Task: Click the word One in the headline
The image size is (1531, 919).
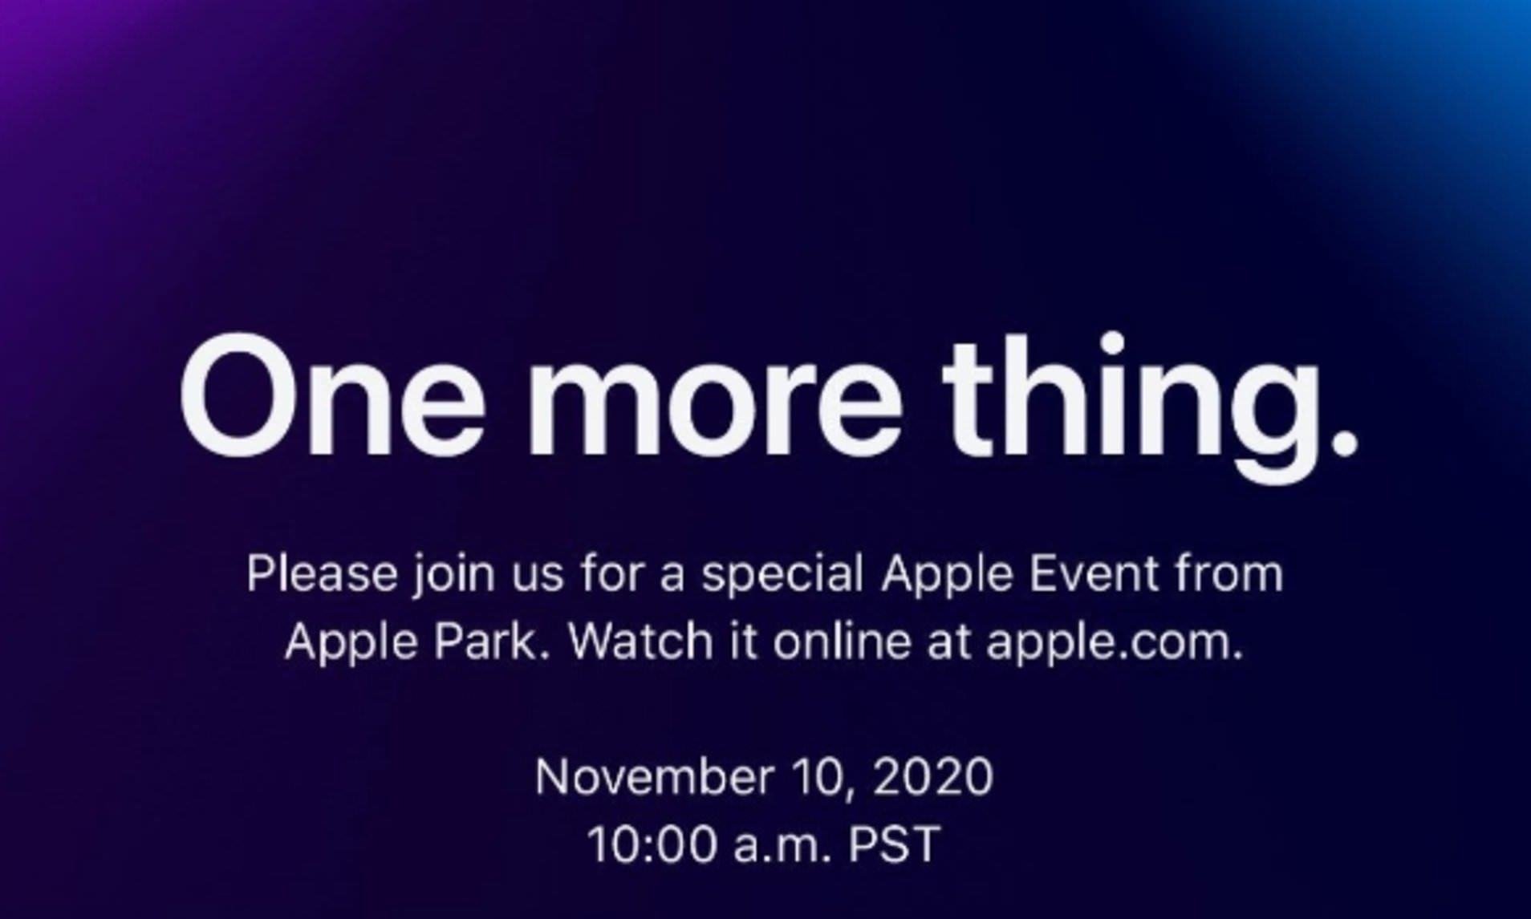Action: click(332, 396)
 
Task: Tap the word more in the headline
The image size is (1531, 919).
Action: click(714, 409)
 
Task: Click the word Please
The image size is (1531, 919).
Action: click(321, 573)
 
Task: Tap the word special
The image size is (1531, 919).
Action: click(782, 577)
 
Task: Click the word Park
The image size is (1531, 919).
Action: click(492, 642)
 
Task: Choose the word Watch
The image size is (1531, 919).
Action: click(640, 642)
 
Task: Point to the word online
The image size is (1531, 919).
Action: click(842, 642)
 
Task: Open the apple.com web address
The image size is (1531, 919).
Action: click(1115, 645)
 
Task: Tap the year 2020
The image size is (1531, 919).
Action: click(933, 776)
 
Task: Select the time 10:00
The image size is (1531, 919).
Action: click(652, 844)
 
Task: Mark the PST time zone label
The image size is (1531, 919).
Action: click(894, 844)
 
